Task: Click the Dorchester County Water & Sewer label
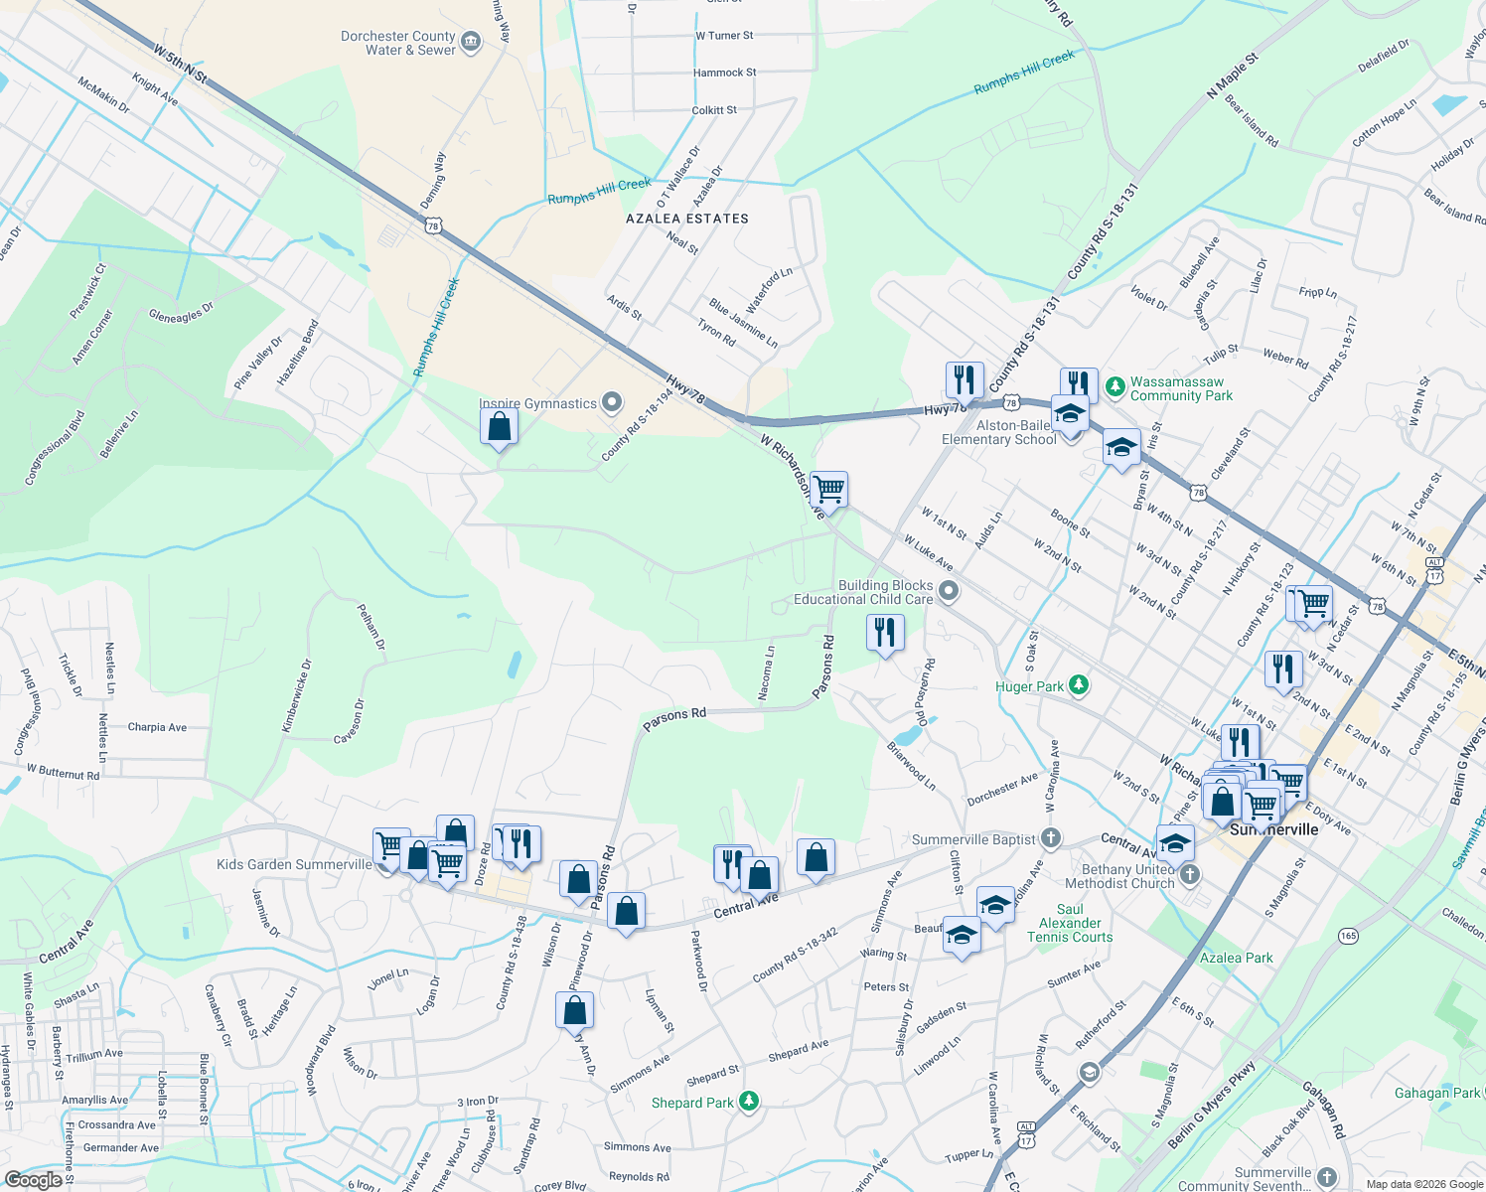[x=397, y=43]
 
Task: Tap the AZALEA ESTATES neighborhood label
[x=687, y=219]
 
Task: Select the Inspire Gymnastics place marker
[x=612, y=402]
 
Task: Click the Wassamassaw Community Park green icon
[x=1115, y=384]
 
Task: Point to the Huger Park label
[x=1029, y=686]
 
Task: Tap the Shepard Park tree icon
[x=750, y=1101]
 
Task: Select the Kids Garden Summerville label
[x=294, y=864]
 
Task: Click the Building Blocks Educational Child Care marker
[x=949, y=591]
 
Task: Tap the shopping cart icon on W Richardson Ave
[x=828, y=489]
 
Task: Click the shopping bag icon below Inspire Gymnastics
[x=499, y=427]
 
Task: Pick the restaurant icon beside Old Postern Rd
[x=884, y=632]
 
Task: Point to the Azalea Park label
[x=1236, y=958]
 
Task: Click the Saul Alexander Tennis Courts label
[x=1070, y=923]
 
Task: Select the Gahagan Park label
[x=1436, y=1093]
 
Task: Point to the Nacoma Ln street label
[x=767, y=673]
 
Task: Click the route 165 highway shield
[x=1348, y=936]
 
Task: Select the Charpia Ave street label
[x=157, y=727]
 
